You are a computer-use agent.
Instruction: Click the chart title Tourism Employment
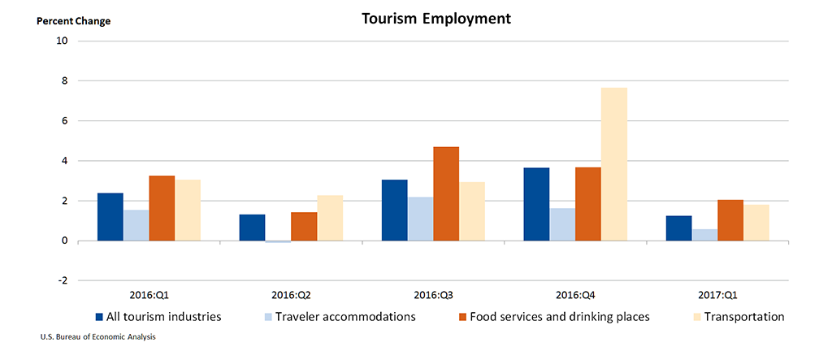pos(436,18)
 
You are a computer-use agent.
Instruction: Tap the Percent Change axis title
pos(73,21)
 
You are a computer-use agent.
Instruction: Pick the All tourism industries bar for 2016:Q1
pos(110,217)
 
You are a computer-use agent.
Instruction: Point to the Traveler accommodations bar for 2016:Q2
pos(278,241)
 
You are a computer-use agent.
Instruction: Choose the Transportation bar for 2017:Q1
pos(756,223)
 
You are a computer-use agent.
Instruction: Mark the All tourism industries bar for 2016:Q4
pos(536,204)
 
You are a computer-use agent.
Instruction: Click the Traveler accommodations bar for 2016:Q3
pos(420,219)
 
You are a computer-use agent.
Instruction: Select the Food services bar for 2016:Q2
pos(304,227)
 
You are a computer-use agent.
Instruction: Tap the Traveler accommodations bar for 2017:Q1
pos(704,235)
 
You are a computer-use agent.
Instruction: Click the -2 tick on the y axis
pos(62,281)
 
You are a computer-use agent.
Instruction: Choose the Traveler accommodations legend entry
pos(345,317)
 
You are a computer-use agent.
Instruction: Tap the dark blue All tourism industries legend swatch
pos(99,317)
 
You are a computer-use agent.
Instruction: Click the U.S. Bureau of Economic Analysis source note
pos(97,336)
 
